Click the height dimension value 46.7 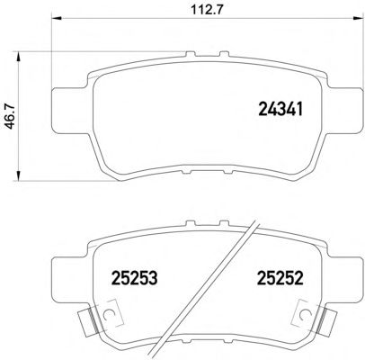tap(11, 116)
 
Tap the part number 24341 tap(280, 109)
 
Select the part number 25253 tap(134, 277)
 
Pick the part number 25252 tap(280, 277)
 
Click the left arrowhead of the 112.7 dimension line tap(57, 19)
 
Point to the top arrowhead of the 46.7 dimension tap(19, 57)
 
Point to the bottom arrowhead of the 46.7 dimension tap(19, 175)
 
